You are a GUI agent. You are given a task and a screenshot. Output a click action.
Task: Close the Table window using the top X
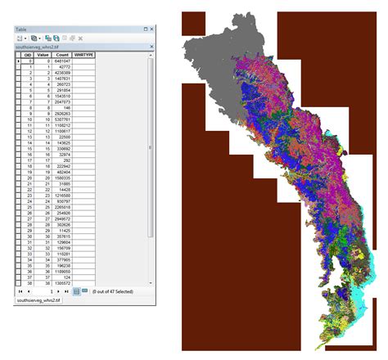coord(151,29)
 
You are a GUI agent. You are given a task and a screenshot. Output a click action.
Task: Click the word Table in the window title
coord(21,29)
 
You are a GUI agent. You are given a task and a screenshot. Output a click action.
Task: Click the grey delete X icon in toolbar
coord(80,38)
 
